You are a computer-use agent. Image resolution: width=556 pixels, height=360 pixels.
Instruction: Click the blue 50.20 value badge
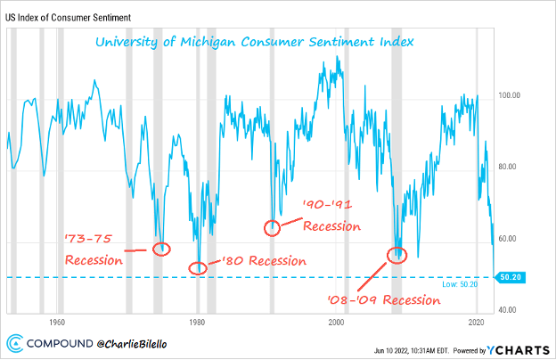(511, 277)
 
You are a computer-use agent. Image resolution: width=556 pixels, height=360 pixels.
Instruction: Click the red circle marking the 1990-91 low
(274, 227)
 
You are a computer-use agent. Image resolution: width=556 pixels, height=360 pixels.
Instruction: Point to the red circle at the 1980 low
(199, 266)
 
